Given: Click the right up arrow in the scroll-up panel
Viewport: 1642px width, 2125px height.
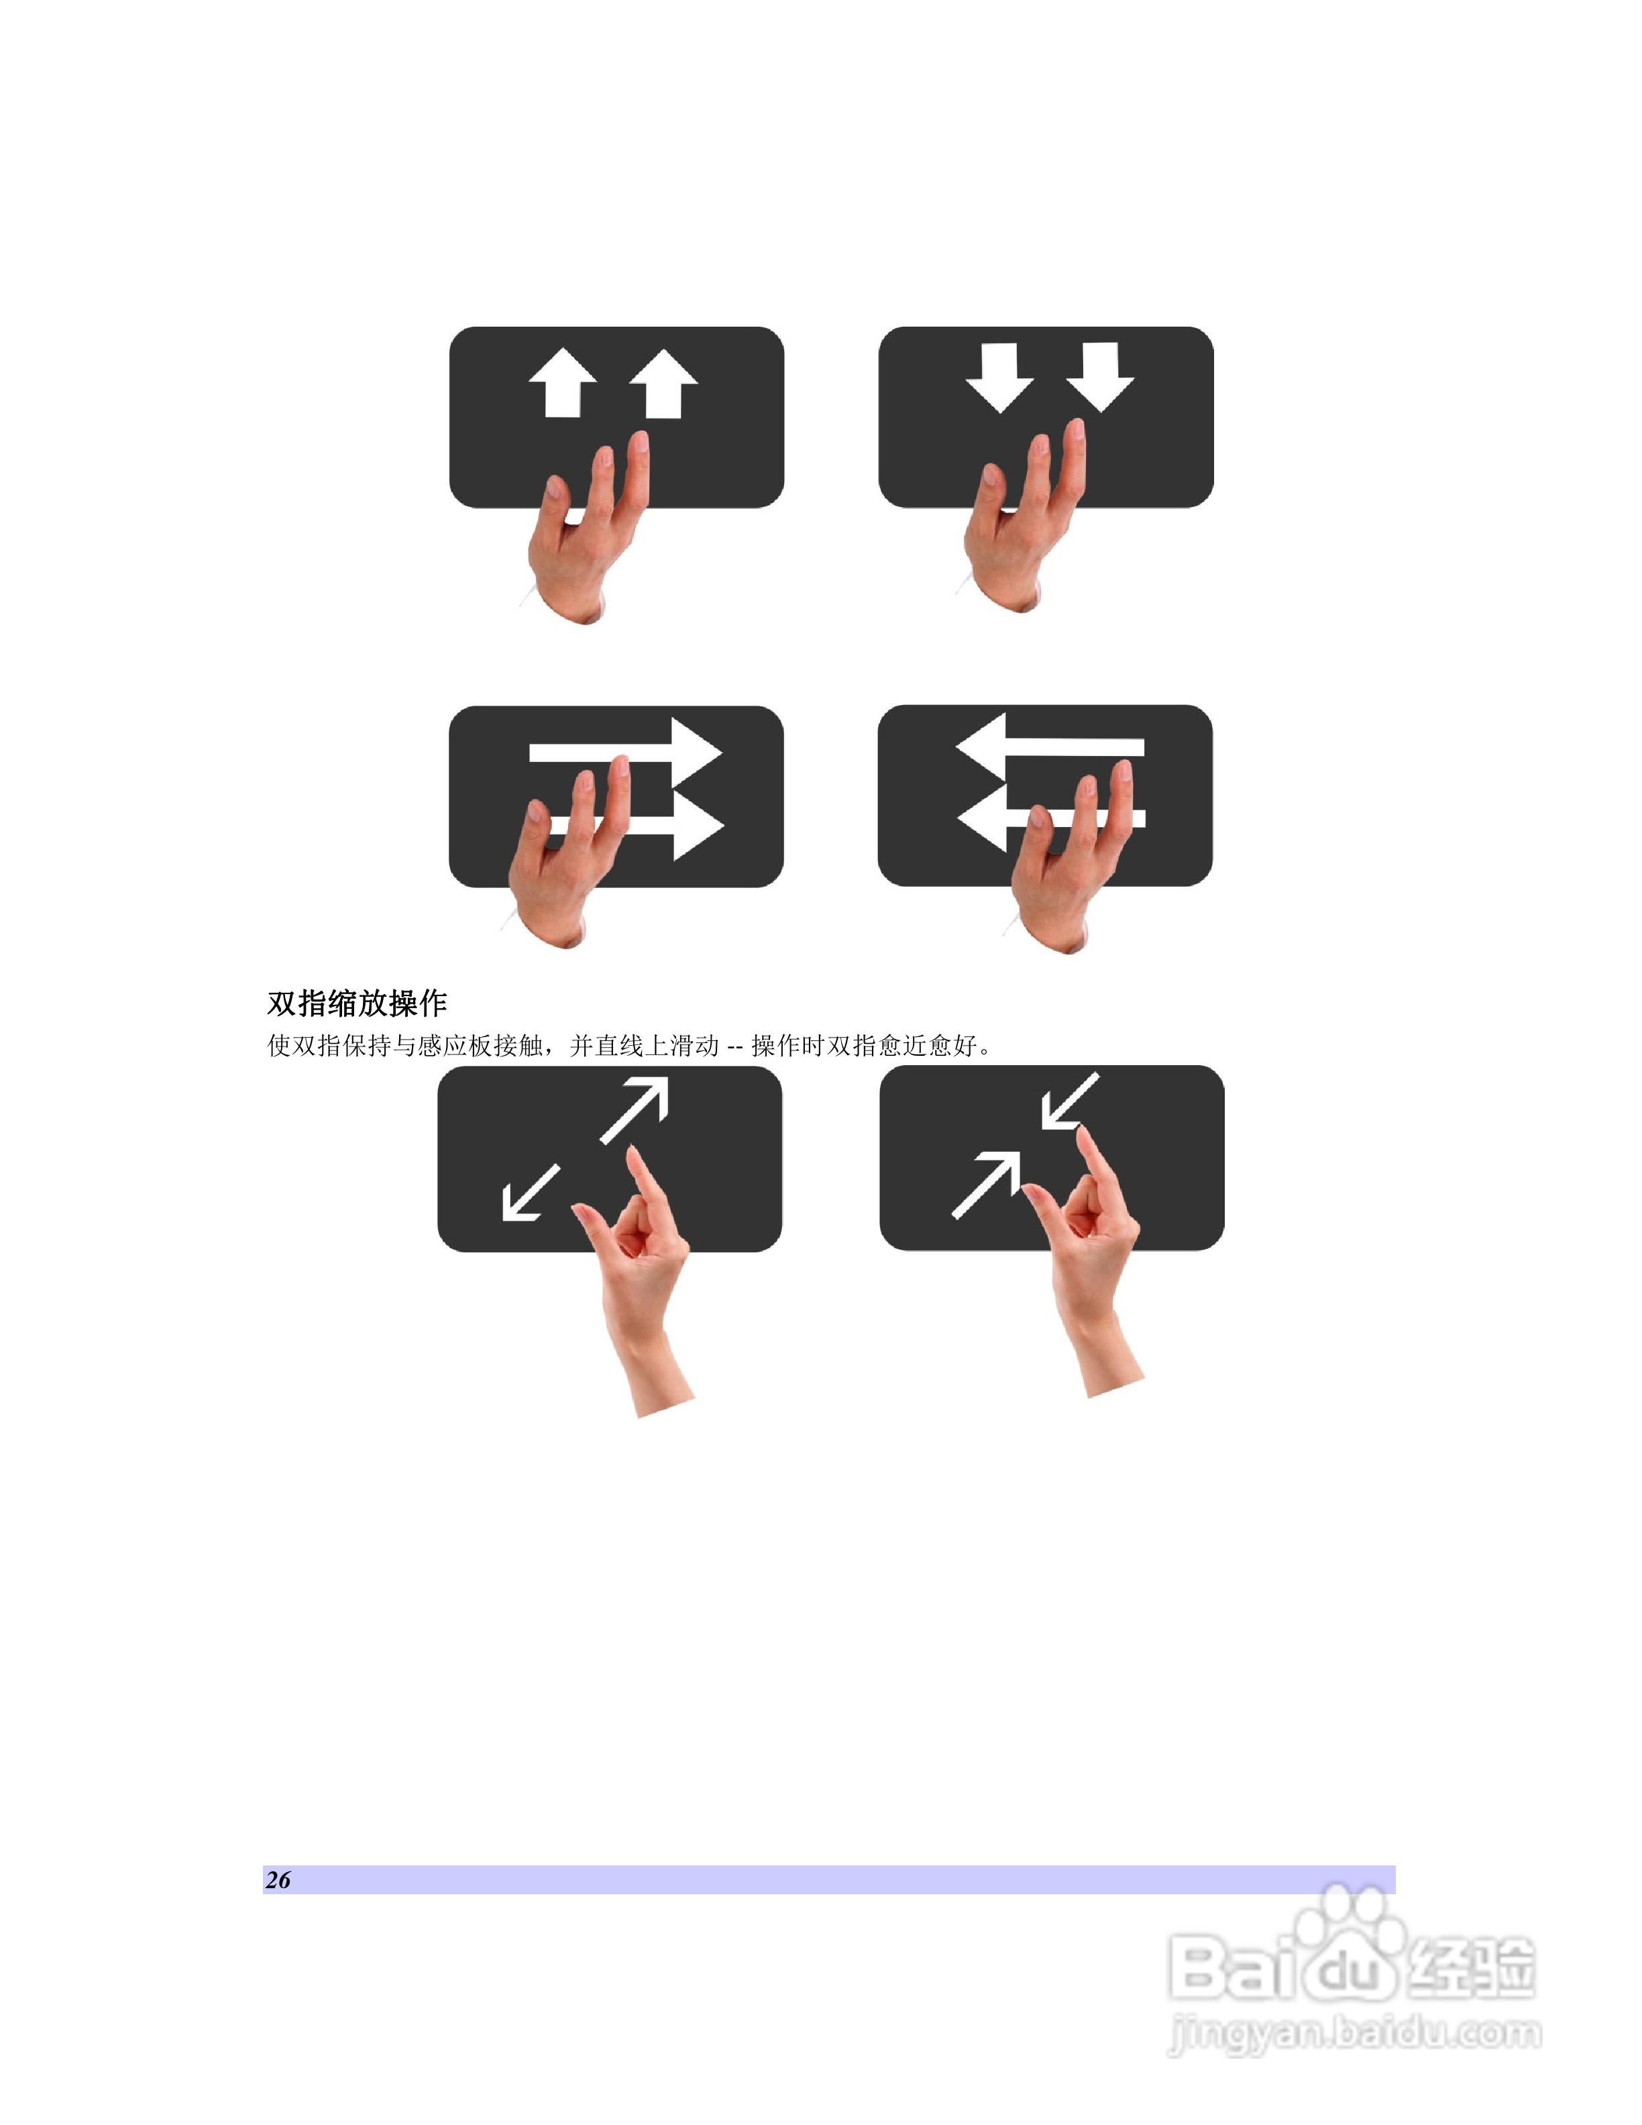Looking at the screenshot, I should pyautogui.click(x=663, y=384).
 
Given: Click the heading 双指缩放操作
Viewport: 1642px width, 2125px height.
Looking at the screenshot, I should pyautogui.click(x=357, y=1003).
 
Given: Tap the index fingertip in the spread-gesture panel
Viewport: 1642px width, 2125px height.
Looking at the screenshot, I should pyautogui.click(x=635, y=1156).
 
